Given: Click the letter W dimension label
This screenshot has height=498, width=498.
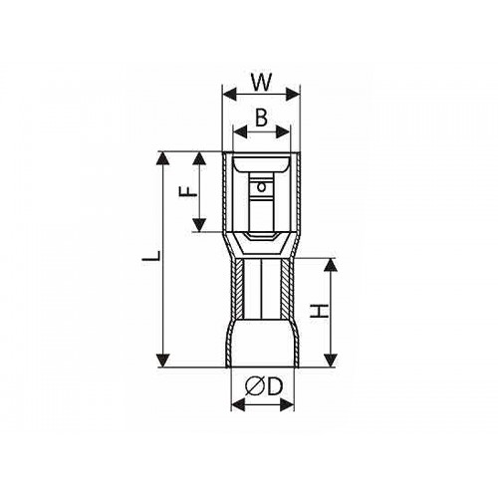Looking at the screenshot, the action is (x=262, y=82).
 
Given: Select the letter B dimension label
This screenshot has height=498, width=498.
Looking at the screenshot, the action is (x=262, y=118).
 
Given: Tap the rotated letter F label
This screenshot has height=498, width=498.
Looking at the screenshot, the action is (x=188, y=191).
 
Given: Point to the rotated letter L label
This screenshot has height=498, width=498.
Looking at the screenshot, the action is (x=151, y=256).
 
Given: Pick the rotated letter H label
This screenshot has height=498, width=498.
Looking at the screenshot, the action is (x=319, y=311).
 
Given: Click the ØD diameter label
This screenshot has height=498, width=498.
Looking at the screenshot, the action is (x=263, y=386).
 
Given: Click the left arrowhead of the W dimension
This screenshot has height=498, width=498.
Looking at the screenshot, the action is (x=229, y=95).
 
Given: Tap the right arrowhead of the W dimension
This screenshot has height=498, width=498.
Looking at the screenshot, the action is (x=293, y=95).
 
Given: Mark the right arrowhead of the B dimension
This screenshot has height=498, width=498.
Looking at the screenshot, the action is (x=283, y=132).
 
